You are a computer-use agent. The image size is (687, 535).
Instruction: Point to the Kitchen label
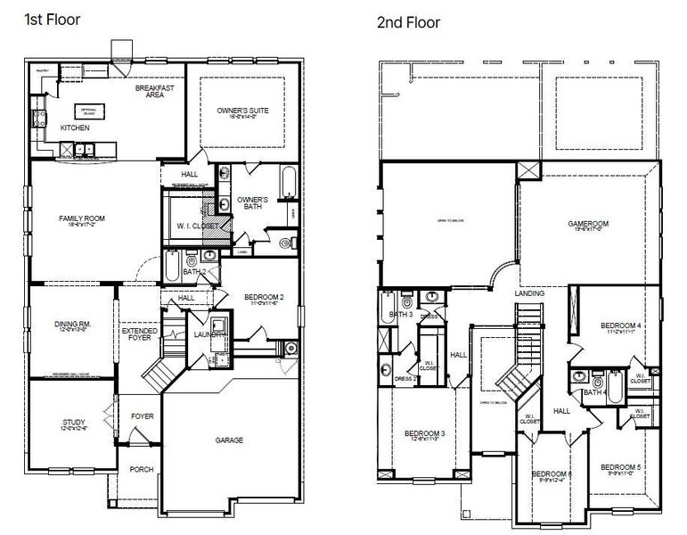point(75,128)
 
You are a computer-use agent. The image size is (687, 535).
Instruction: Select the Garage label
point(229,440)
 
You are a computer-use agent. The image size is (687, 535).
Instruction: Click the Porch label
point(141,469)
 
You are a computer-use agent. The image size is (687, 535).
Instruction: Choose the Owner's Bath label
point(253,202)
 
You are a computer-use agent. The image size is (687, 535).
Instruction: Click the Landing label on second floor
point(528,292)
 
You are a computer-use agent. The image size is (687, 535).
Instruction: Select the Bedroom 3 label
point(424,433)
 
